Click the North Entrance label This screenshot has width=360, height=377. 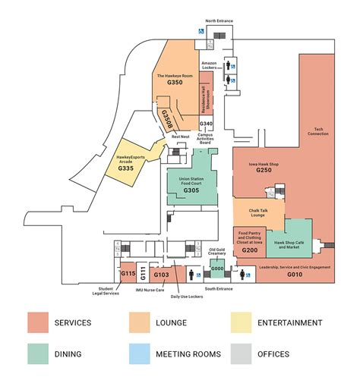pyautogui.click(x=219, y=21)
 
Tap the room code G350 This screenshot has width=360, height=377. pyautogui.click(x=175, y=83)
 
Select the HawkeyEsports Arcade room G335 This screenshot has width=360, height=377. pyautogui.click(x=125, y=168)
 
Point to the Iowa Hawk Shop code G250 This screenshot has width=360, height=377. pyautogui.click(x=264, y=171)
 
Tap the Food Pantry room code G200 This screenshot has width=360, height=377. pyautogui.click(x=250, y=249)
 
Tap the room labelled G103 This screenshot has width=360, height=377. pyautogui.click(x=162, y=275)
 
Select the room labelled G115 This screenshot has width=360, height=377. pyautogui.click(x=128, y=274)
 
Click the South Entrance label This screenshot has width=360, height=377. pyautogui.click(x=219, y=289)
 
